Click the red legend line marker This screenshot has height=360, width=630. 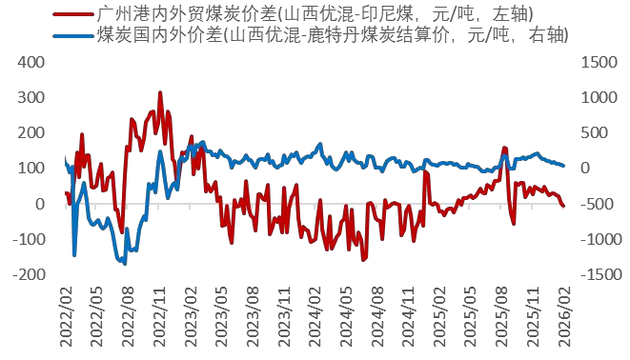(x=74, y=14)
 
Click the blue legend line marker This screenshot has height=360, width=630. (x=74, y=35)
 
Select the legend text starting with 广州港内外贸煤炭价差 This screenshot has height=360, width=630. (x=315, y=14)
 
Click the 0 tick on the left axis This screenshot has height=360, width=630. (x=41, y=204)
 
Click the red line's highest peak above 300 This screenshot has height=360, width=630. (x=160, y=92)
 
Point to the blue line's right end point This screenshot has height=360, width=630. (x=563, y=166)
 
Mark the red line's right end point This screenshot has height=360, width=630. (x=563, y=206)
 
